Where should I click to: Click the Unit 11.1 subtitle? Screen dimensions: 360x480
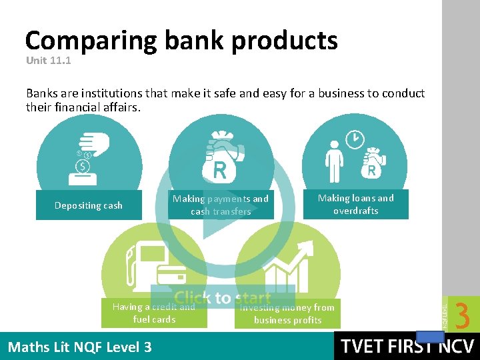(x=48, y=61)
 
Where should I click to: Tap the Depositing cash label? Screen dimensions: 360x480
(x=89, y=205)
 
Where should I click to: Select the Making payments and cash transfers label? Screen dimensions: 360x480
(x=221, y=205)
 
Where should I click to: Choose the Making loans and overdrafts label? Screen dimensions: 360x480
(x=355, y=204)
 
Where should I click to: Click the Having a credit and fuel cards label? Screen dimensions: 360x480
(x=154, y=313)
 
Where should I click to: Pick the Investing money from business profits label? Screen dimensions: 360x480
(x=287, y=313)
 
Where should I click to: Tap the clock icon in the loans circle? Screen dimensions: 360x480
(x=355, y=139)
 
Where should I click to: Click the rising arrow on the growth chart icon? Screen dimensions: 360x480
(x=300, y=253)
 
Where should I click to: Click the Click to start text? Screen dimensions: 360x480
(x=223, y=298)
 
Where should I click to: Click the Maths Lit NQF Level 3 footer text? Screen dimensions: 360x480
(x=79, y=347)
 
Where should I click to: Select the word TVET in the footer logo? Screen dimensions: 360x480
(x=365, y=347)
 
